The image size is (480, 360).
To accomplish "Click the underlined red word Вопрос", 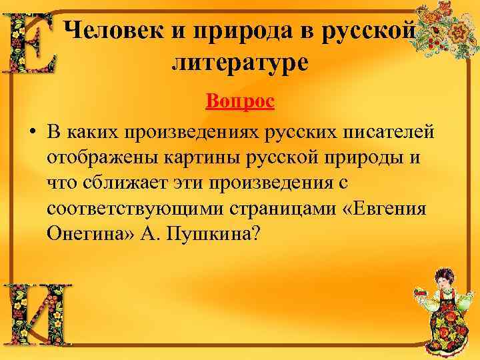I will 240,102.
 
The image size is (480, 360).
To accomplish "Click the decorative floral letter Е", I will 31,43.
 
